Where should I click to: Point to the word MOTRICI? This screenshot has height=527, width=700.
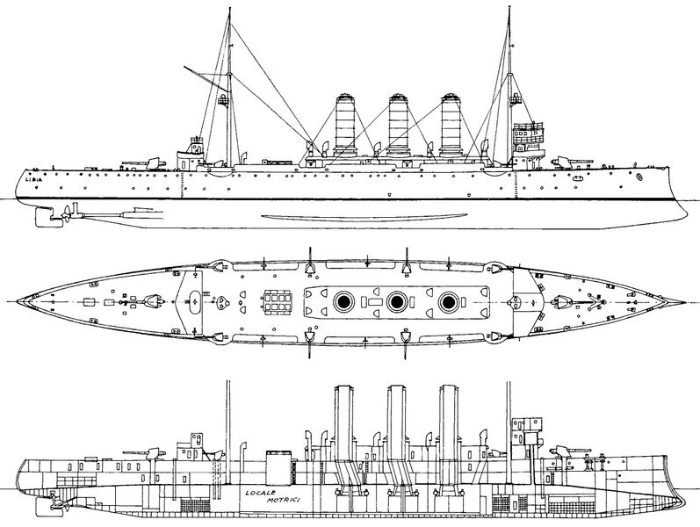pos(284,500)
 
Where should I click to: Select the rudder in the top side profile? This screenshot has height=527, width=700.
pos(44,217)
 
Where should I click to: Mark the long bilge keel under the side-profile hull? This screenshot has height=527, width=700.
pos(364,218)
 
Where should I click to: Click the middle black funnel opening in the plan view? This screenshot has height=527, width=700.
pos(395,302)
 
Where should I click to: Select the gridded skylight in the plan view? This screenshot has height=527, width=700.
pos(278,302)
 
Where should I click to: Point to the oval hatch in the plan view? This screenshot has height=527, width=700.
pos(196,301)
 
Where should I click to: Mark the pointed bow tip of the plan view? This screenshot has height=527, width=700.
pos(685,302)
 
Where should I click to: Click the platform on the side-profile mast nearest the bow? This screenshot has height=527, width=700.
pos(516,98)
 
